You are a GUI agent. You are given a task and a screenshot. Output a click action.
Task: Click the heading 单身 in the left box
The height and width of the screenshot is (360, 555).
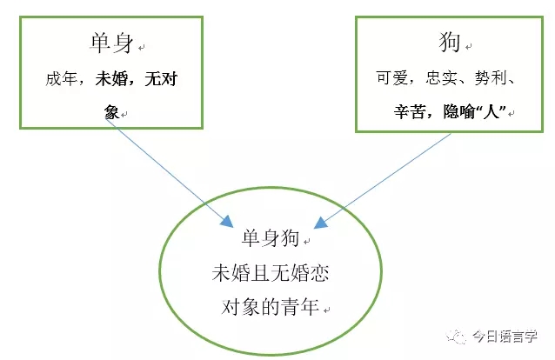112,43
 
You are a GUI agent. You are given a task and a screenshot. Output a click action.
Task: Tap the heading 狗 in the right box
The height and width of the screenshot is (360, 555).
450,42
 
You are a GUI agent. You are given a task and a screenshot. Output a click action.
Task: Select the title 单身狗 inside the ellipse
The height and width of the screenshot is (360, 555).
271,237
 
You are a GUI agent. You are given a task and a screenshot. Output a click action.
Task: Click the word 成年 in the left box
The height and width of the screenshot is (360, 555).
61,78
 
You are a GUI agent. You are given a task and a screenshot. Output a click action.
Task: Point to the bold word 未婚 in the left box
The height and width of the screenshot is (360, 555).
111,78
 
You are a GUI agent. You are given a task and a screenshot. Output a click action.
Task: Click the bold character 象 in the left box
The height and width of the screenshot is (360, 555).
111,112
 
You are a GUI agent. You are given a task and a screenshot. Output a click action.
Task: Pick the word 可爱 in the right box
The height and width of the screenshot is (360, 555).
392,77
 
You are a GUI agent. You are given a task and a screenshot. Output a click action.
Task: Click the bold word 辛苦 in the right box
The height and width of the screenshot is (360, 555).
410,112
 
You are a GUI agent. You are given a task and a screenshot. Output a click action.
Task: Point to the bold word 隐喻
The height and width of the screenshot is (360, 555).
459,112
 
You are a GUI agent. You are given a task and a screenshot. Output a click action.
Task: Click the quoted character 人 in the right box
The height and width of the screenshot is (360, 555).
491,112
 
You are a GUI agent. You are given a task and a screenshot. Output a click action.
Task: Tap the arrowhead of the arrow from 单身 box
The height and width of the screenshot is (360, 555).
227,222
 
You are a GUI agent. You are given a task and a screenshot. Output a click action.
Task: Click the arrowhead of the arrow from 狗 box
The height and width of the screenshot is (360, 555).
320,223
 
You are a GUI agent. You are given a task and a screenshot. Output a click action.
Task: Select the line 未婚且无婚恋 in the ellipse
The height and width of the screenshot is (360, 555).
271,273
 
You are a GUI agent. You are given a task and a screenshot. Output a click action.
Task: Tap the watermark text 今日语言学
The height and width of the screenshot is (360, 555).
505,337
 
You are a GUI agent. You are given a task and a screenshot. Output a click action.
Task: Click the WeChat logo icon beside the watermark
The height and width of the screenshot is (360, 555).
457,337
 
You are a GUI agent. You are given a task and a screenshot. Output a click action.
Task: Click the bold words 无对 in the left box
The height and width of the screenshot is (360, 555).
161,78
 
